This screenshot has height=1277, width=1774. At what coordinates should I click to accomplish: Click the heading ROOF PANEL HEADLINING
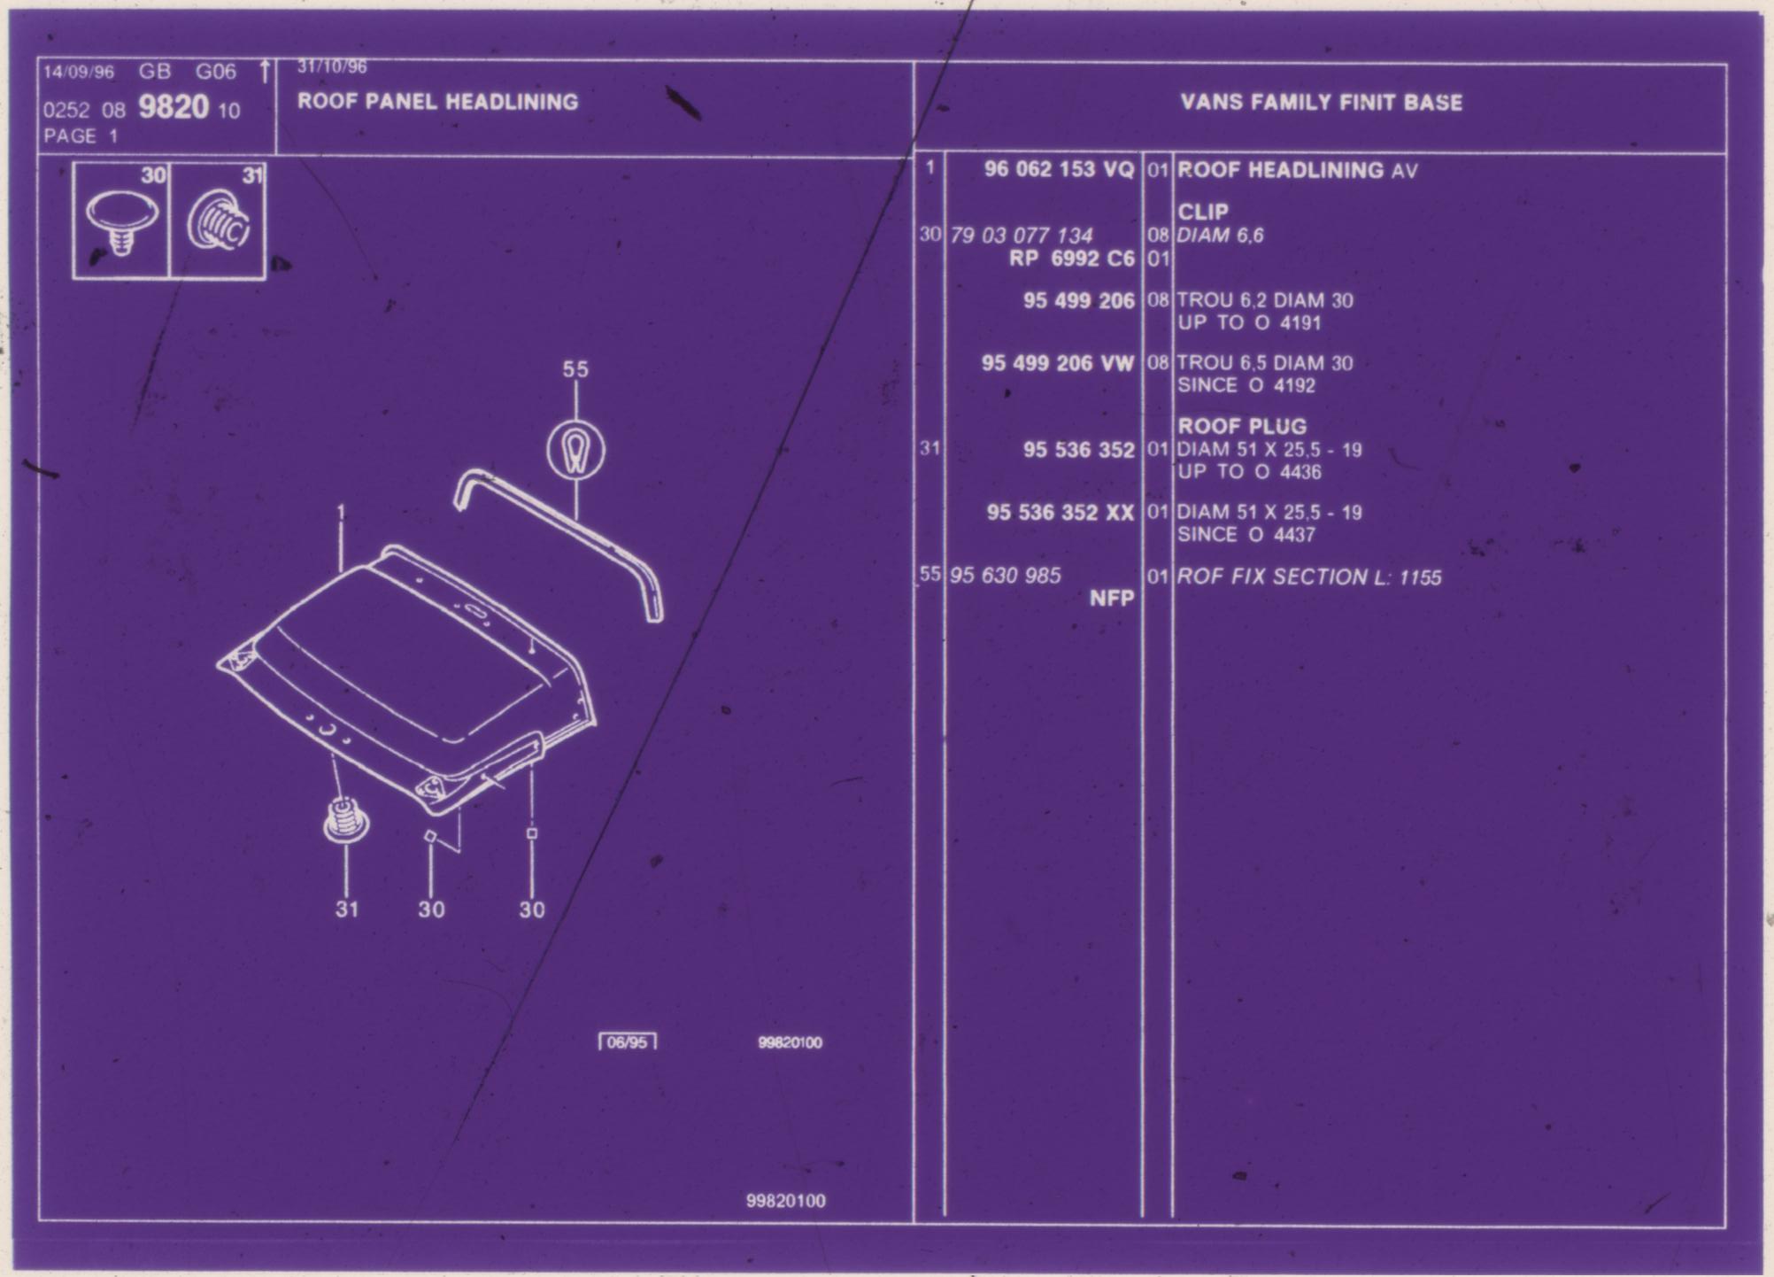click(437, 102)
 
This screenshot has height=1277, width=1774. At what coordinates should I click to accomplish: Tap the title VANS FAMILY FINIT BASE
click(1321, 103)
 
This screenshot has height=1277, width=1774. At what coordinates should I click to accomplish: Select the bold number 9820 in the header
click(174, 107)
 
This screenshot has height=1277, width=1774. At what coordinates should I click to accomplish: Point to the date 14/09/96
click(79, 72)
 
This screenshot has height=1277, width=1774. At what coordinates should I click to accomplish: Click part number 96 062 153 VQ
click(1059, 169)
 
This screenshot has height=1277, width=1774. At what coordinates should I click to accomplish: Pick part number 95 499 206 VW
click(1057, 363)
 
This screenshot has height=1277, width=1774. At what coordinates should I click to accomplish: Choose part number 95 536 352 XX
click(1061, 513)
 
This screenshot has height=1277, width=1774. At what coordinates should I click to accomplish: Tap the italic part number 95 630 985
click(1005, 576)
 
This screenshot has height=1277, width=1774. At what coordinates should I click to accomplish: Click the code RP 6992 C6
click(1071, 259)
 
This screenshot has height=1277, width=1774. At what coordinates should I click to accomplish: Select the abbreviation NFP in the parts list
click(1112, 599)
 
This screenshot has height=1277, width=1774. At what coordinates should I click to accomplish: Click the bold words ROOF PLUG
click(1241, 426)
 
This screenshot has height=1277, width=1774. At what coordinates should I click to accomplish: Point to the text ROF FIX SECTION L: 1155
click(1308, 577)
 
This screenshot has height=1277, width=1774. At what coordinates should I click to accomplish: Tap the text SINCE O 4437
click(1246, 535)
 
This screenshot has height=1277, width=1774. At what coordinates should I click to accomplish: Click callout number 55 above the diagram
click(575, 369)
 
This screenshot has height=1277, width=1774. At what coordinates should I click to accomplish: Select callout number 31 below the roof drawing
click(346, 909)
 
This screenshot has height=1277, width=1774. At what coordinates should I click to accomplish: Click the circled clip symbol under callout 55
click(576, 450)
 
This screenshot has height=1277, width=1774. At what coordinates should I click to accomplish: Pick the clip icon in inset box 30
click(122, 223)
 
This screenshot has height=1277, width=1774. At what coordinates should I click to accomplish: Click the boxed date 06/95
click(627, 1042)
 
